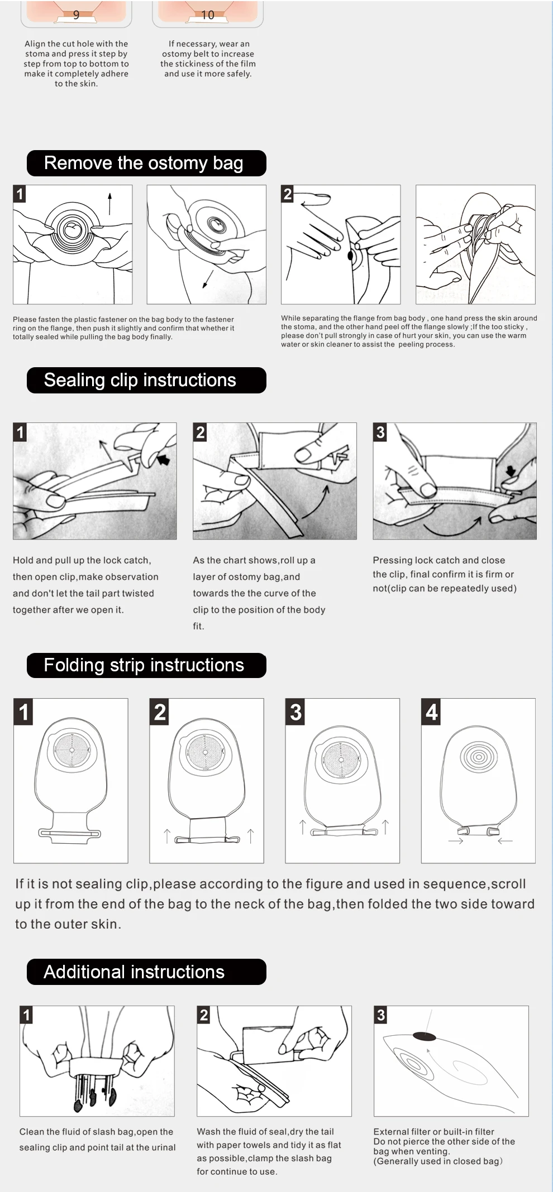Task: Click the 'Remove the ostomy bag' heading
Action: tap(144, 163)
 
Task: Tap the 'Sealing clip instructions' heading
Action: tap(140, 380)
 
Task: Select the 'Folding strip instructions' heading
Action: tap(144, 665)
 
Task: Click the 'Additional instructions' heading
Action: tap(134, 972)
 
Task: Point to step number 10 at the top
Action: tap(207, 15)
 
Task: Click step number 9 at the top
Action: tap(76, 15)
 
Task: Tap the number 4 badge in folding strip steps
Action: tap(431, 712)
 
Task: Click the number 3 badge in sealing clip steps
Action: tap(380, 432)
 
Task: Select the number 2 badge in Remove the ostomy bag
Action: tap(288, 194)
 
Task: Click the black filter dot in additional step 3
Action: tap(424, 1037)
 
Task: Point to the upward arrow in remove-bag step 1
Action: tap(109, 204)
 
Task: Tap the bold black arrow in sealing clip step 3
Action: tap(511, 470)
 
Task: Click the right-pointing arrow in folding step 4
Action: tap(456, 841)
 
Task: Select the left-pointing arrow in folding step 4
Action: tap(505, 841)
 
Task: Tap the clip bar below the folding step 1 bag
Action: tap(70, 834)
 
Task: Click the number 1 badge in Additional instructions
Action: tap(26, 1015)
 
